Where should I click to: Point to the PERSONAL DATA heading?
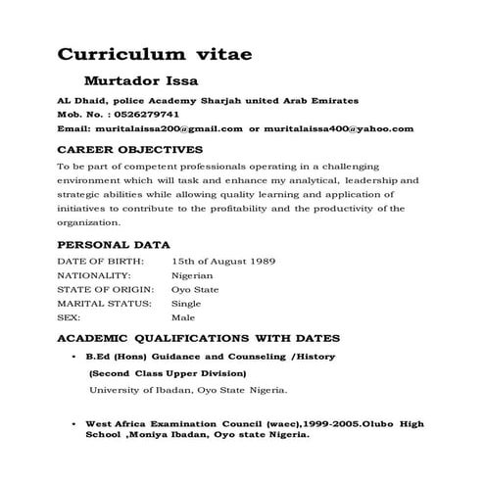[115, 245]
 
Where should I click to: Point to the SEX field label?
[69, 318]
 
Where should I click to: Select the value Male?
[183, 318]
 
